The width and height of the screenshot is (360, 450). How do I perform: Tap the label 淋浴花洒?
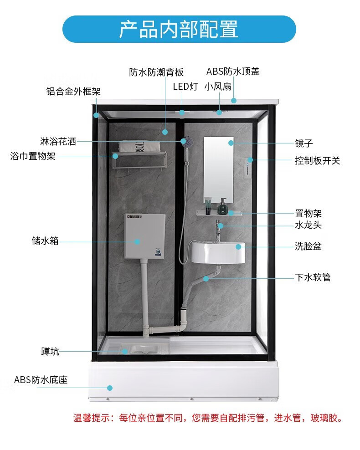tap(58, 142)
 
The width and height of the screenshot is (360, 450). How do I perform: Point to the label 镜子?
tap(303, 143)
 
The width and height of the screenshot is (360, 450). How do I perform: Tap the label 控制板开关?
tap(317, 161)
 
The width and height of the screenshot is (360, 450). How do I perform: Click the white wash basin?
tap(218, 252)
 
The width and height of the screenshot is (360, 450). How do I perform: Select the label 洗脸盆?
tap(308, 247)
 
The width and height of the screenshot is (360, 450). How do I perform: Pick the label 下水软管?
tap(312, 277)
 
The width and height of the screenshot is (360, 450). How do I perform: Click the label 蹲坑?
tap(50, 351)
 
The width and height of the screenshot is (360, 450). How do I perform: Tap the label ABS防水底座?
tap(41, 379)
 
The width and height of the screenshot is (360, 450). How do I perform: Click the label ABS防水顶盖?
tap(233, 72)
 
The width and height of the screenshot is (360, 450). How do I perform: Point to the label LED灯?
tap(185, 87)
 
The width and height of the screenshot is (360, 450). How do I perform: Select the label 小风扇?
tap(217, 87)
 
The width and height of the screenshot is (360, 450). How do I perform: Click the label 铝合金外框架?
tap(73, 91)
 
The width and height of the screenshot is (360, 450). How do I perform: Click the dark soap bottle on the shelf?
tap(223, 207)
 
